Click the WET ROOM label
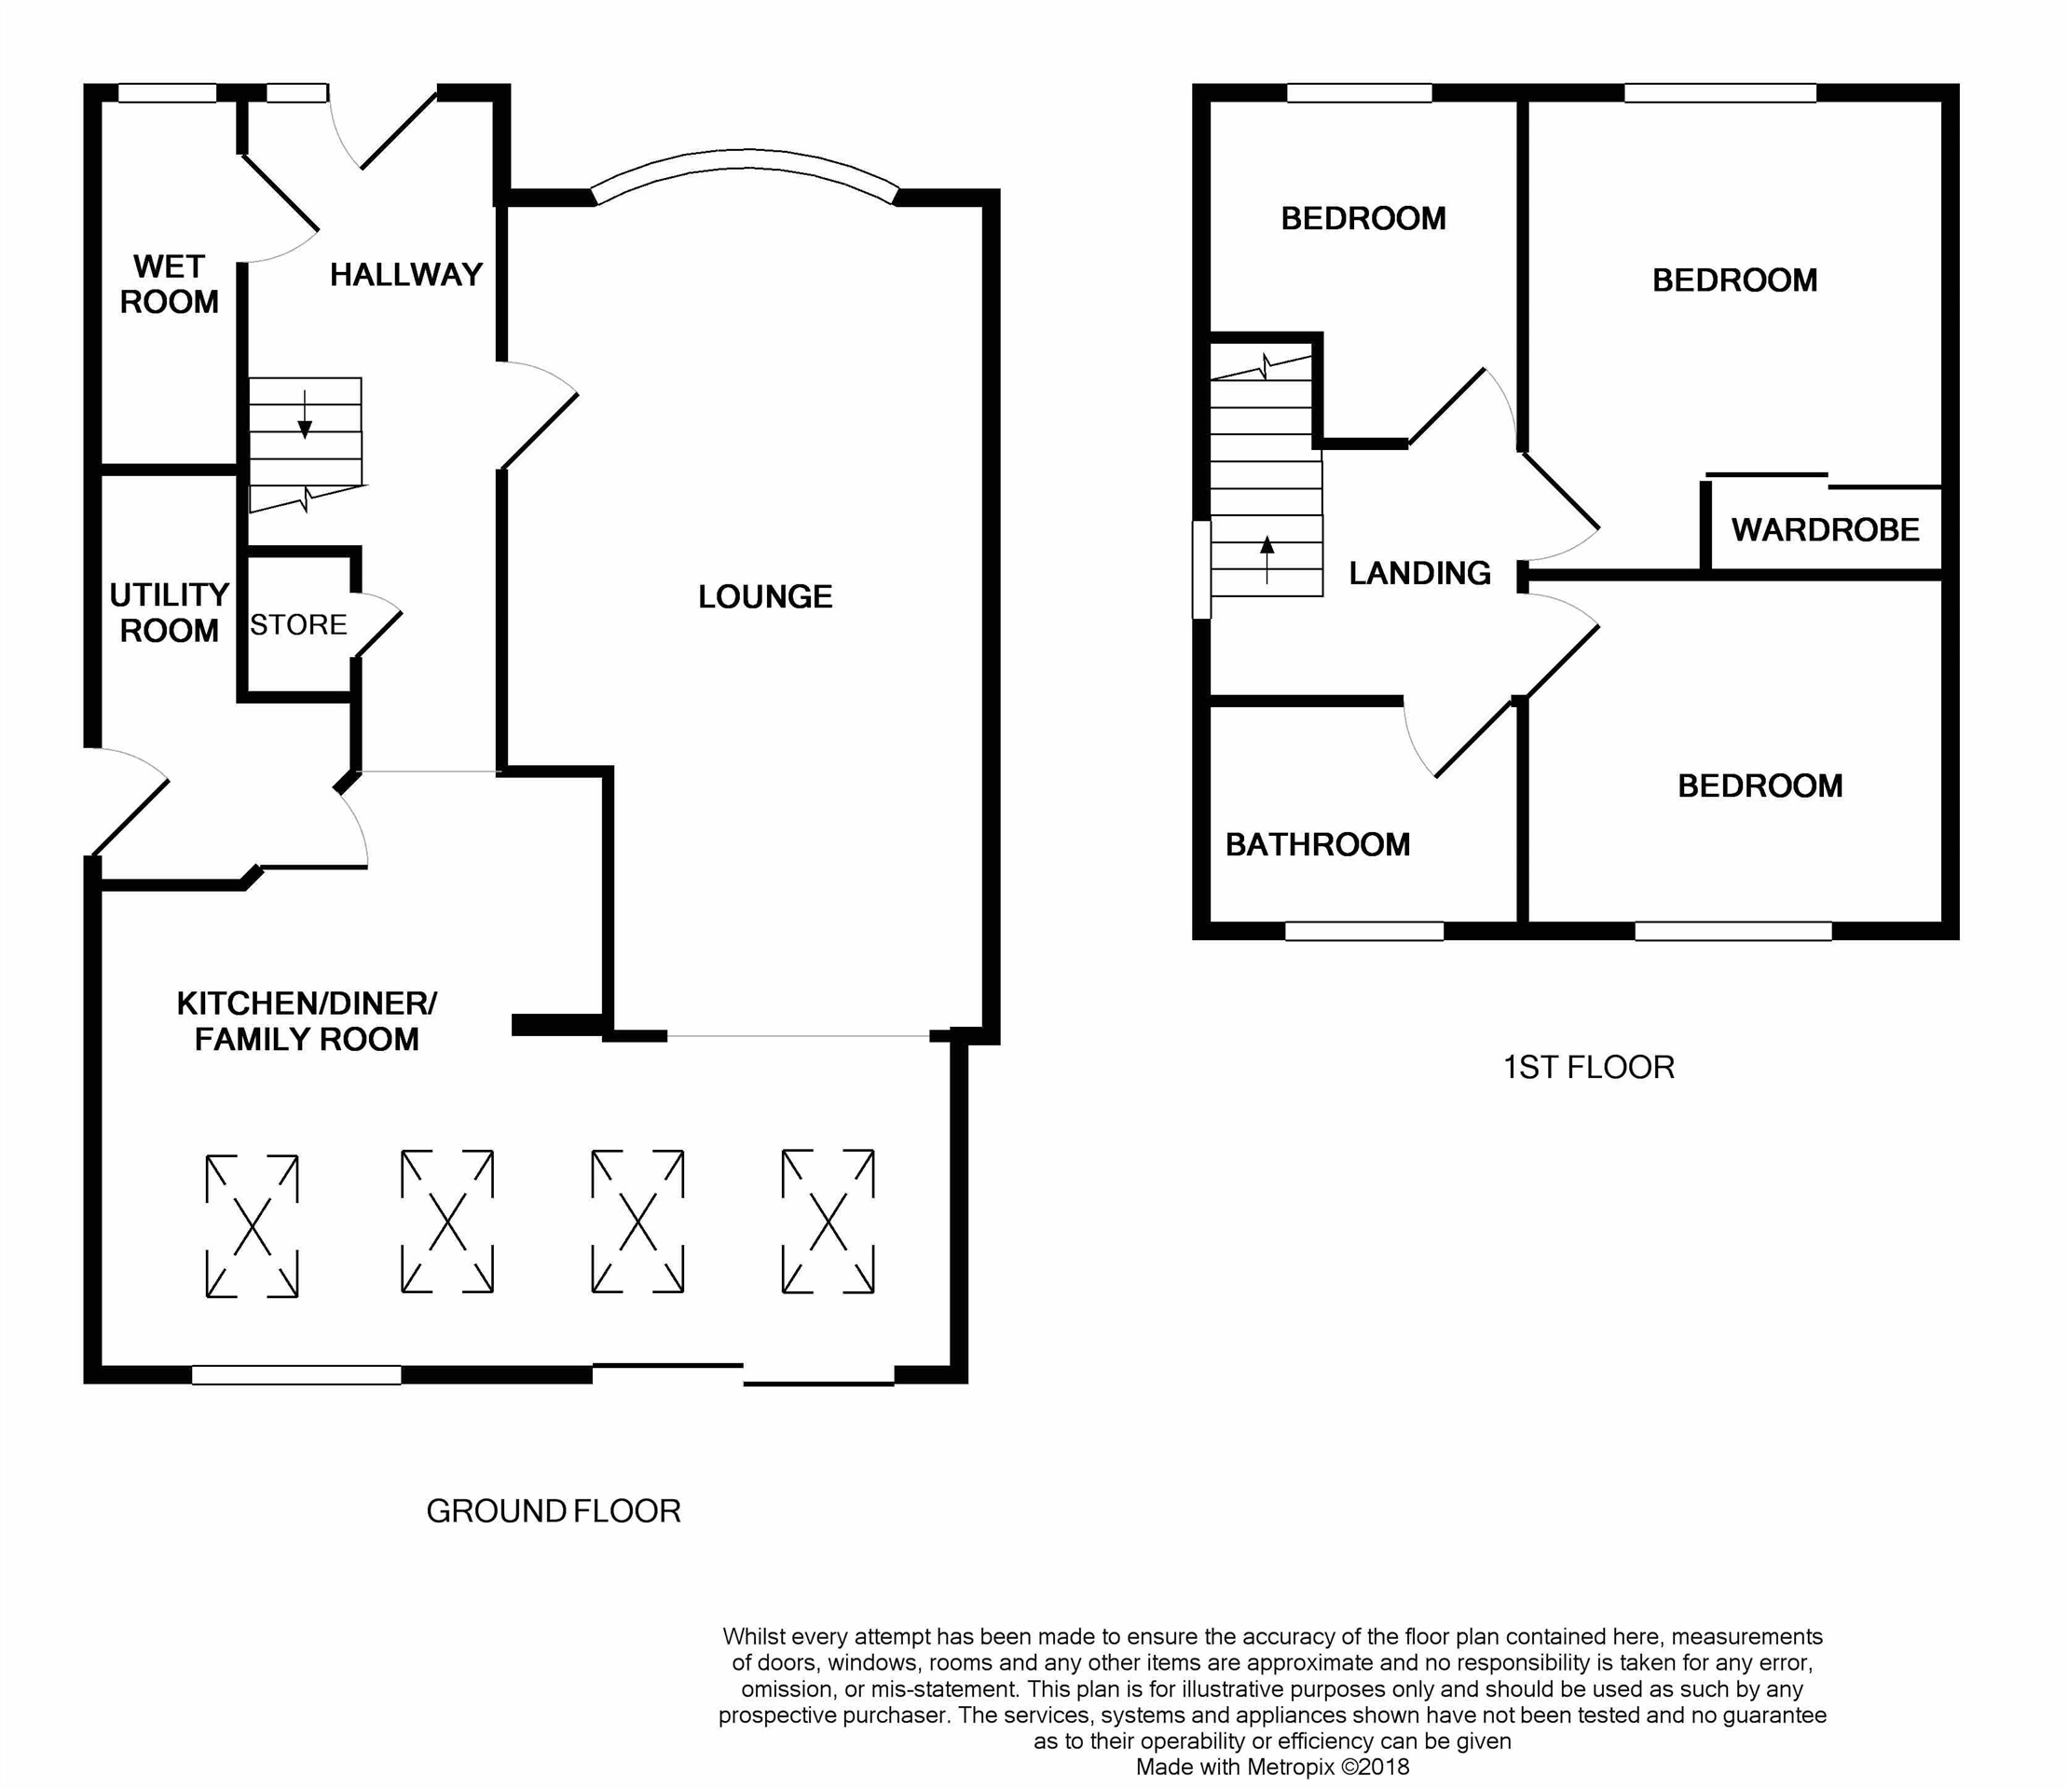(170, 284)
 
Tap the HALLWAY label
(406, 275)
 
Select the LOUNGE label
(765, 597)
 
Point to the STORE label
(298, 625)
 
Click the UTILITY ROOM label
(170, 613)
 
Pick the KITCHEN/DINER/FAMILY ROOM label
(307, 1021)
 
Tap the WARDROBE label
(1826, 530)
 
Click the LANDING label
(1420, 573)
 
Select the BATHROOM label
(1318, 844)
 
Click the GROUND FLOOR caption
(554, 1511)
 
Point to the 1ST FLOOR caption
(1589, 1067)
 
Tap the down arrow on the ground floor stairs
(306, 414)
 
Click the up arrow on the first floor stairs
(1267, 559)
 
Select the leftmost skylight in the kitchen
(252, 1226)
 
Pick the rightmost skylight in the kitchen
(828, 1221)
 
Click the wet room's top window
(168, 93)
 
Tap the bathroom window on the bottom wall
(1364, 931)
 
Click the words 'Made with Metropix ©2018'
(1272, 1767)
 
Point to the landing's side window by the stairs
(1202, 569)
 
